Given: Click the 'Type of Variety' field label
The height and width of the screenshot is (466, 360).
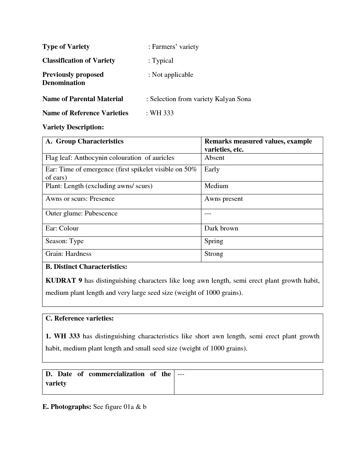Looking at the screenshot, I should (x=66, y=47).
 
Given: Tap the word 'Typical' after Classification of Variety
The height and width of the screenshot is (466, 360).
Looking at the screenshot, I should (x=163, y=60).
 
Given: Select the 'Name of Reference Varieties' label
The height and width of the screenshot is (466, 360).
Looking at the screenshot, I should (x=85, y=113).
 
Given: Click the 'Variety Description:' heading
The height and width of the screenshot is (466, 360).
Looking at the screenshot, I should (x=73, y=127).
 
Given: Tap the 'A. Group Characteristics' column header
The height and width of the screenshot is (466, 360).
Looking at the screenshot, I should (x=84, y=141).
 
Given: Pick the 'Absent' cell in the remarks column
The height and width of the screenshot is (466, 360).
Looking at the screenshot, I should (x=214, y=158).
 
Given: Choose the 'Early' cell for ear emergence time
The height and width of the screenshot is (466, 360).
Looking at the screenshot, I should (x=212, y=169).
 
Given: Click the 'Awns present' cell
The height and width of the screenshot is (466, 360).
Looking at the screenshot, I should (x=223, y=199).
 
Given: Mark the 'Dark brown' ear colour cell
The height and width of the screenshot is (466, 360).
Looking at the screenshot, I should (x=221, y=228).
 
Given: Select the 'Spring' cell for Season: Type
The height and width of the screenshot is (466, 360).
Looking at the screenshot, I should (x=214, y=241).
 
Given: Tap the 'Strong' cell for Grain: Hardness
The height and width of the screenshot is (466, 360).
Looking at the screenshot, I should (x=214, y=254).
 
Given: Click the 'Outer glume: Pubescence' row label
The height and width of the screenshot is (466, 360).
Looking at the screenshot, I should (x=81, y=213).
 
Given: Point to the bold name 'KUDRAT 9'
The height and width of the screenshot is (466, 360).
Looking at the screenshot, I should (x=64, y=280).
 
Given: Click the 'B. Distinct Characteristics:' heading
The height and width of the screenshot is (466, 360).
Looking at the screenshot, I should (x=86, y=267).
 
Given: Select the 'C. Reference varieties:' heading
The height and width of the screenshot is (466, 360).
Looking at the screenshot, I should (x=80, y=318).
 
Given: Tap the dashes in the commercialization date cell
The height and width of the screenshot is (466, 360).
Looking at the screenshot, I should (x=181, y=374).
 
